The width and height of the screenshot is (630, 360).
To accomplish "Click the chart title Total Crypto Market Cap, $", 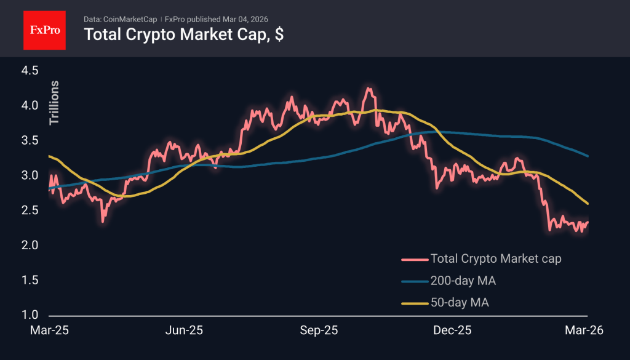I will (183, 34).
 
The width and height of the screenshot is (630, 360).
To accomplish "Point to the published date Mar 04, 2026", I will (243, 18).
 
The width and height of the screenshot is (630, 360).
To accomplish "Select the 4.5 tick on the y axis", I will (30, 71).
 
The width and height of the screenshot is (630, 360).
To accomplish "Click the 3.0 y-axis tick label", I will (30, 176).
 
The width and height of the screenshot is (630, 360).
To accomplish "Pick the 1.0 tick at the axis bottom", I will (30, 316).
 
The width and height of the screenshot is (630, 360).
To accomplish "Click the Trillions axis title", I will (54, 103).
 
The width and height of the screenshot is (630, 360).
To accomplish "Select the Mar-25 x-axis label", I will (49, 330).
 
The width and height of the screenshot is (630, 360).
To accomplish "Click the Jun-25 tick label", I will (185, 330).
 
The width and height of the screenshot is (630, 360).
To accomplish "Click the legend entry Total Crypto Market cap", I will (495, 258).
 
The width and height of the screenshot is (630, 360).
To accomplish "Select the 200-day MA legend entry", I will (463, 281).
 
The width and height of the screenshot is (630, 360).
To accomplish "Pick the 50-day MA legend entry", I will (460, 303).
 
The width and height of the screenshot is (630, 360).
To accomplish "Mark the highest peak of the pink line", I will (368, 89).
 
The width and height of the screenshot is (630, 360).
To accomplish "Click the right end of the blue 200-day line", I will (588, 156).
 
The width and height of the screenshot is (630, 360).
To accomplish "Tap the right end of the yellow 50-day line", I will (588, 204).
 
